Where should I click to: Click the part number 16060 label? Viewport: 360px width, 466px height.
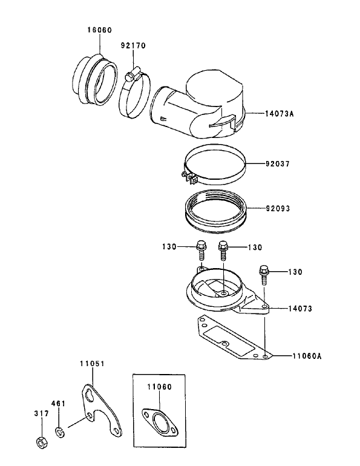pyautogui.click(x=99, y=30)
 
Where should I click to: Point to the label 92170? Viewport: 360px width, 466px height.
pyautogui.click(x=133, y=45)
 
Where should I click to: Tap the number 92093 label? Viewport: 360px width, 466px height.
pyautogui.click(x=278, y=209)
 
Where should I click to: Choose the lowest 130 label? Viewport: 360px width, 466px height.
pyautogui.click(x=295, y=272)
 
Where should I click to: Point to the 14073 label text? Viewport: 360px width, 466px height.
pyautogui.click(x=300, y=309)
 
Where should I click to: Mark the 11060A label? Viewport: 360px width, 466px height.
pyautogui.click(x=307, y=356)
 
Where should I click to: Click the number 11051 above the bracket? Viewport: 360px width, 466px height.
pyautogui.click(x=92, y=364)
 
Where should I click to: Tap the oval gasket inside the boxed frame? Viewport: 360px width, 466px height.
pyautogui.click(x=159, y=422)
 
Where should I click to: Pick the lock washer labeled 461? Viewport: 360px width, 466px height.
pyautogui.click(x=60, y=432)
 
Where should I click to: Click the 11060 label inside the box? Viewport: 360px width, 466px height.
pyautogui.click(x=158, y=385)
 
